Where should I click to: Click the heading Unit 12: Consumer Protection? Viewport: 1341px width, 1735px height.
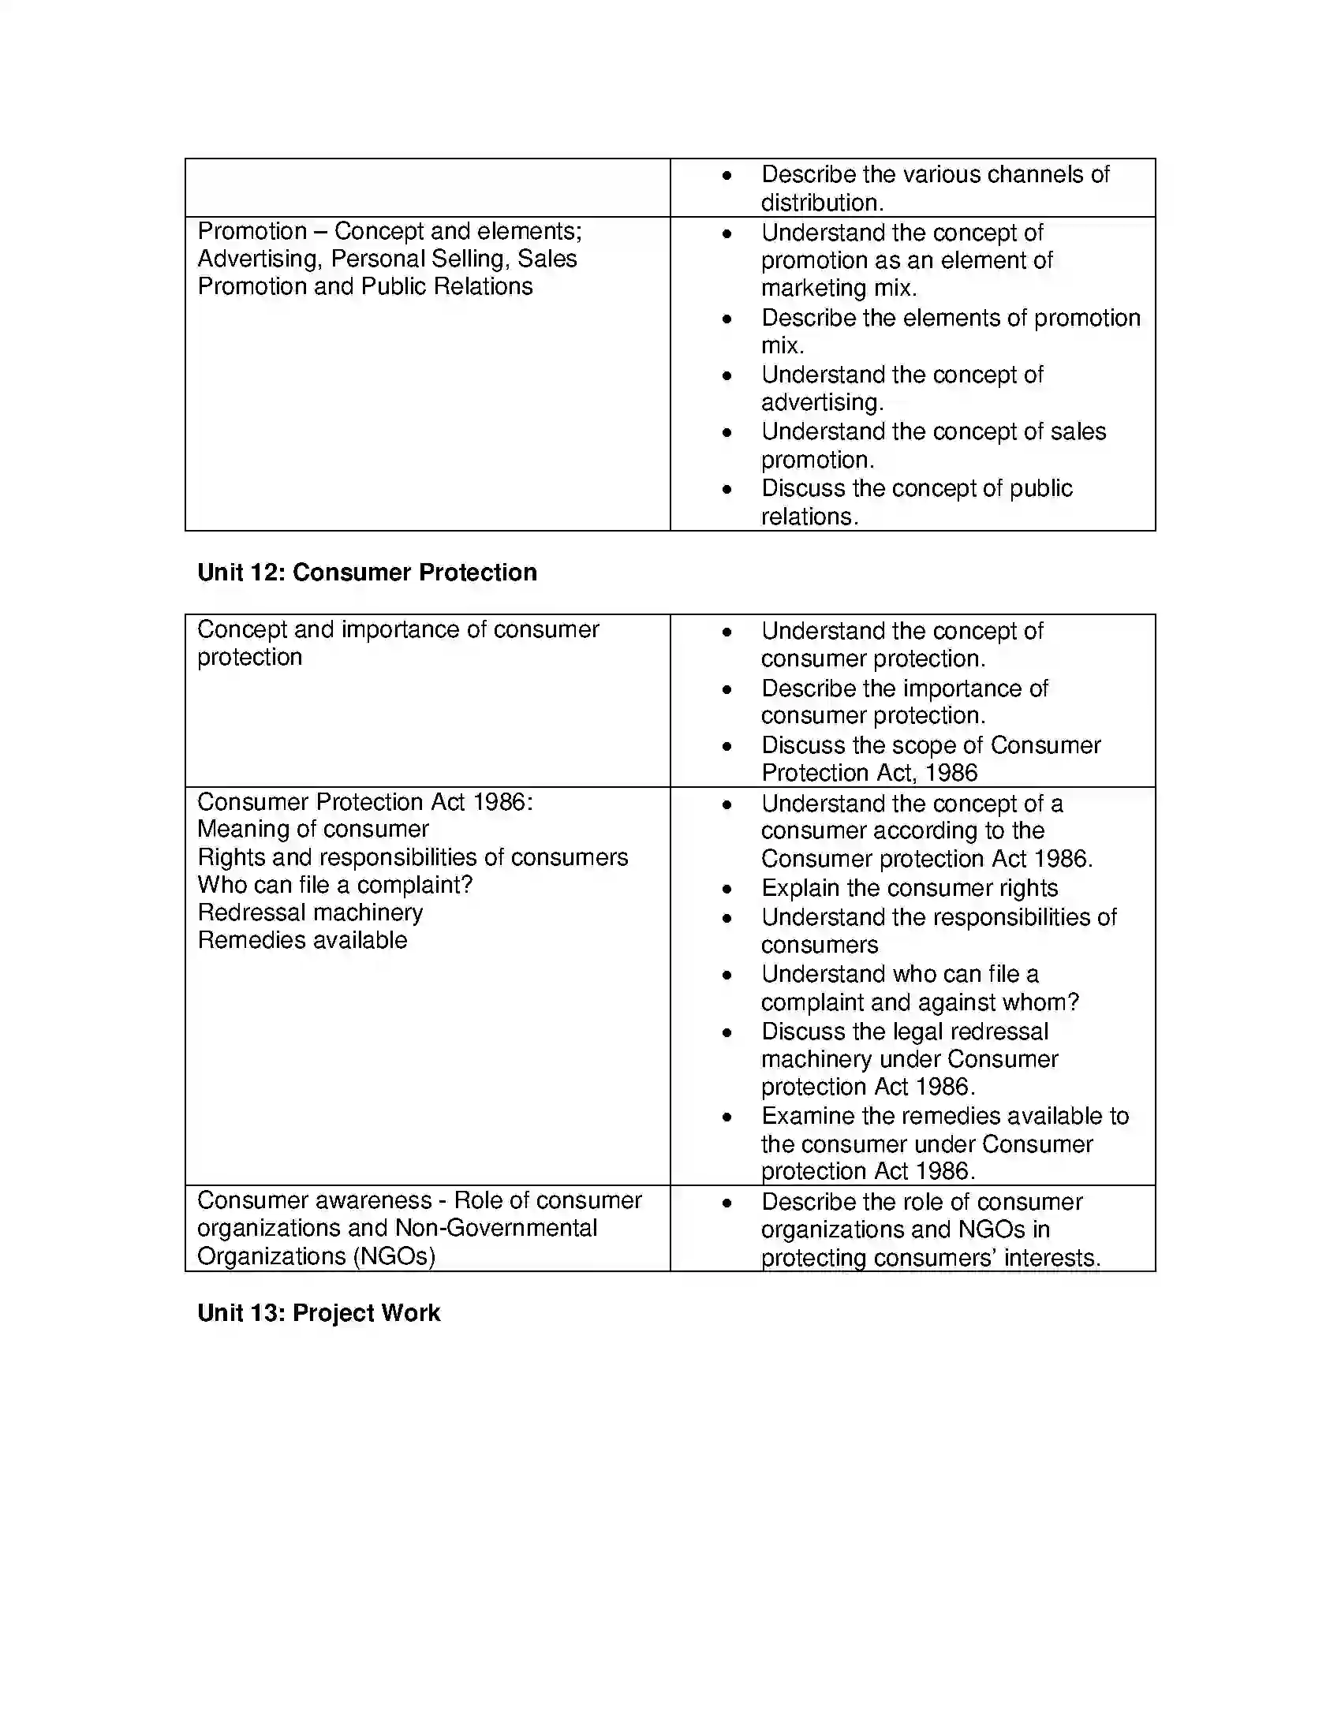367,572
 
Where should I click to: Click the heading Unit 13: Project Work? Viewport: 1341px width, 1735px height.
319,1312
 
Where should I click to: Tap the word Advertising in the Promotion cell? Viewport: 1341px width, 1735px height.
257,259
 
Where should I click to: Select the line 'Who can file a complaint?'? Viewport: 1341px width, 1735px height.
334,884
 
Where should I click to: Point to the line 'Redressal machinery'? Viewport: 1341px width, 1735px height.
310,912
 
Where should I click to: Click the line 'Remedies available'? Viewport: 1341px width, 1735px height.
302,940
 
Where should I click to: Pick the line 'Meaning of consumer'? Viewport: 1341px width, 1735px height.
313,829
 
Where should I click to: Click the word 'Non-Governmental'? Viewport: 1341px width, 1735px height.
495,1227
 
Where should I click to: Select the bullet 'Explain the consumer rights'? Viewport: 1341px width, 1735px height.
909,887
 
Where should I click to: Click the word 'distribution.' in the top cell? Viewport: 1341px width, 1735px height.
821,203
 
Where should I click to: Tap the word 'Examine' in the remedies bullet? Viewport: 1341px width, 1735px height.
807,1115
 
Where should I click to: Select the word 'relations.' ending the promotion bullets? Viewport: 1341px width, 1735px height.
809,517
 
